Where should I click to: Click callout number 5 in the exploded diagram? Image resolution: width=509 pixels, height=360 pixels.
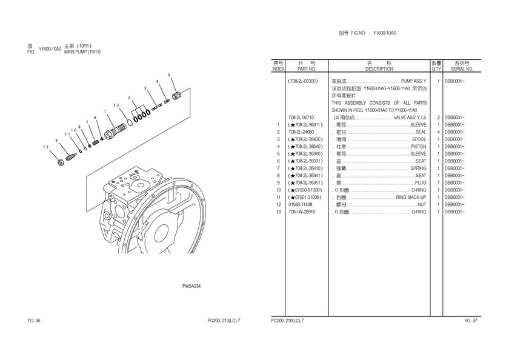pos(170,75)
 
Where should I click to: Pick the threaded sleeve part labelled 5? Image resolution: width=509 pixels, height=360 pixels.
pos(178,95)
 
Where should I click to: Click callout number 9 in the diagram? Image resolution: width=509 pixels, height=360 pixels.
pos(56,140)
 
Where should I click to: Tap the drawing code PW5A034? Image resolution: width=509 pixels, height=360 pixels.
pos(191,286)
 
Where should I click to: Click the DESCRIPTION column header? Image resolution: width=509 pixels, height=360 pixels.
pos(379,68)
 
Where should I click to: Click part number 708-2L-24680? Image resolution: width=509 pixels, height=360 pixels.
pos(302,132)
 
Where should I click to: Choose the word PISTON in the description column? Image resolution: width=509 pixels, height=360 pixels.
pos(419,146)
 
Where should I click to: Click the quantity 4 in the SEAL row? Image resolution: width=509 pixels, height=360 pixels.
pos(437,132)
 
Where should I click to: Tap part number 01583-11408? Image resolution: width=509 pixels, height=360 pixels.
pos(301,204)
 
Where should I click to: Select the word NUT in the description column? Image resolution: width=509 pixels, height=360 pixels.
pos(422,204)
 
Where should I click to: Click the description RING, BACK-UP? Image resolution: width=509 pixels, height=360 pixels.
pos(411,197)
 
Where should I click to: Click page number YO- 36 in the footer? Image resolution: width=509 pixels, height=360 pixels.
pos(34,320)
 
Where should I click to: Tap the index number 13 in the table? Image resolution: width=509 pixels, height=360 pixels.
pos(278,212)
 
